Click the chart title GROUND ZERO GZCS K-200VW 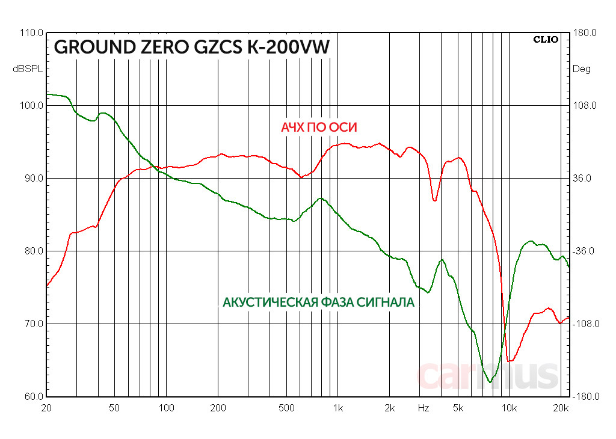point(192,48)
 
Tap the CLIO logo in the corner point(546,40)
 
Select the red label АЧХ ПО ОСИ point(319,127)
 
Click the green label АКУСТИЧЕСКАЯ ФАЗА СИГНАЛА point(318,302)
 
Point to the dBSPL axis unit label point(28,69)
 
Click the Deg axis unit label point(581,69)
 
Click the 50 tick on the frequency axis point(114,408)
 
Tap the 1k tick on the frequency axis point(337,408)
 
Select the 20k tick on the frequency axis point(561,408)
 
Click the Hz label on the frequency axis point(423,408)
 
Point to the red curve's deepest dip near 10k point(510,361)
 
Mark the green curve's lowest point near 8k point(490,382)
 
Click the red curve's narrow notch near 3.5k point(434,200)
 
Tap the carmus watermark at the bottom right point(487,375)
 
